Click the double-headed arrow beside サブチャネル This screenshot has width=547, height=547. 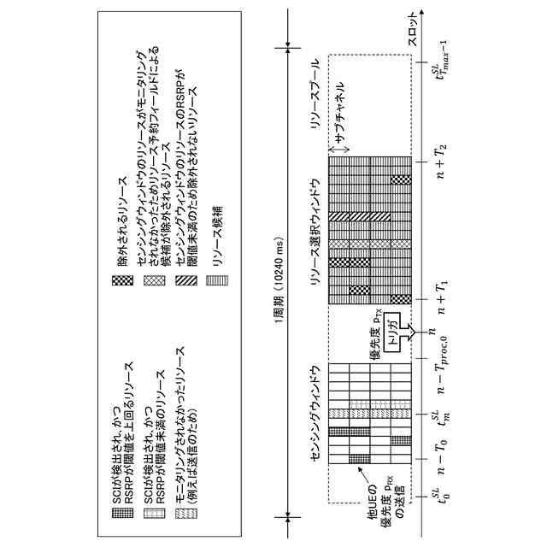tap(340, 151)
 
